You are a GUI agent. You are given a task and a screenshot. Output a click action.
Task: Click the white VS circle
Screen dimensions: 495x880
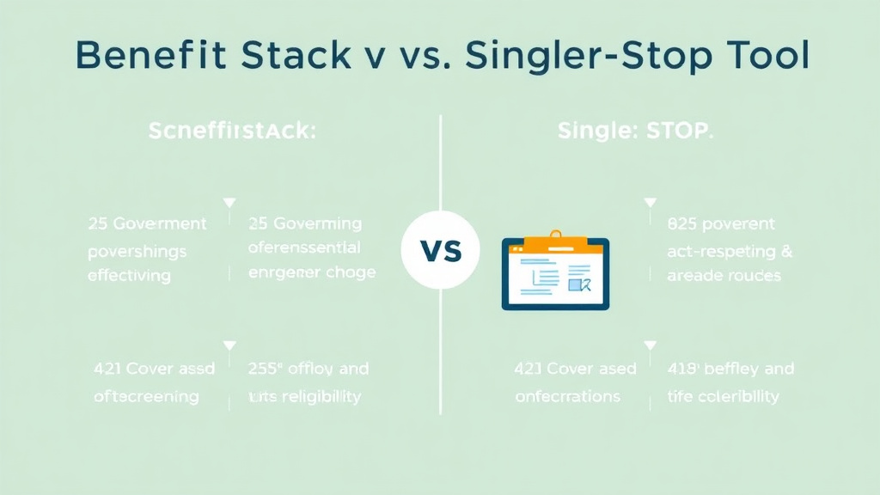click(x=440, y=251)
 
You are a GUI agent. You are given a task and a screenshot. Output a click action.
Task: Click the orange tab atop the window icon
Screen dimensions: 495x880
click(x=555, y=245)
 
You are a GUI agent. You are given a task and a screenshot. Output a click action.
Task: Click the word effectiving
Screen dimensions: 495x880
click(x=129, y=276)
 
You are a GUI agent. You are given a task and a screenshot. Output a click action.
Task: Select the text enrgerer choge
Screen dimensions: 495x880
click(x=311, y=273)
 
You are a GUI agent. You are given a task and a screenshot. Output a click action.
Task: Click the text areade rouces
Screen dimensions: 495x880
click(x=724, y=276)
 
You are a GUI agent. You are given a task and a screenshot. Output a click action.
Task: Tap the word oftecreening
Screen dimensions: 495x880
click(x=146, y=396)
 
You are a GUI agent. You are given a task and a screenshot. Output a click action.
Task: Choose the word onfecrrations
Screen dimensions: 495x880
click(x=567, y=396)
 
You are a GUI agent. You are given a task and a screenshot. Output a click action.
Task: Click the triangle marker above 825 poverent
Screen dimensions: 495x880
click(x=651, y=203)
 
